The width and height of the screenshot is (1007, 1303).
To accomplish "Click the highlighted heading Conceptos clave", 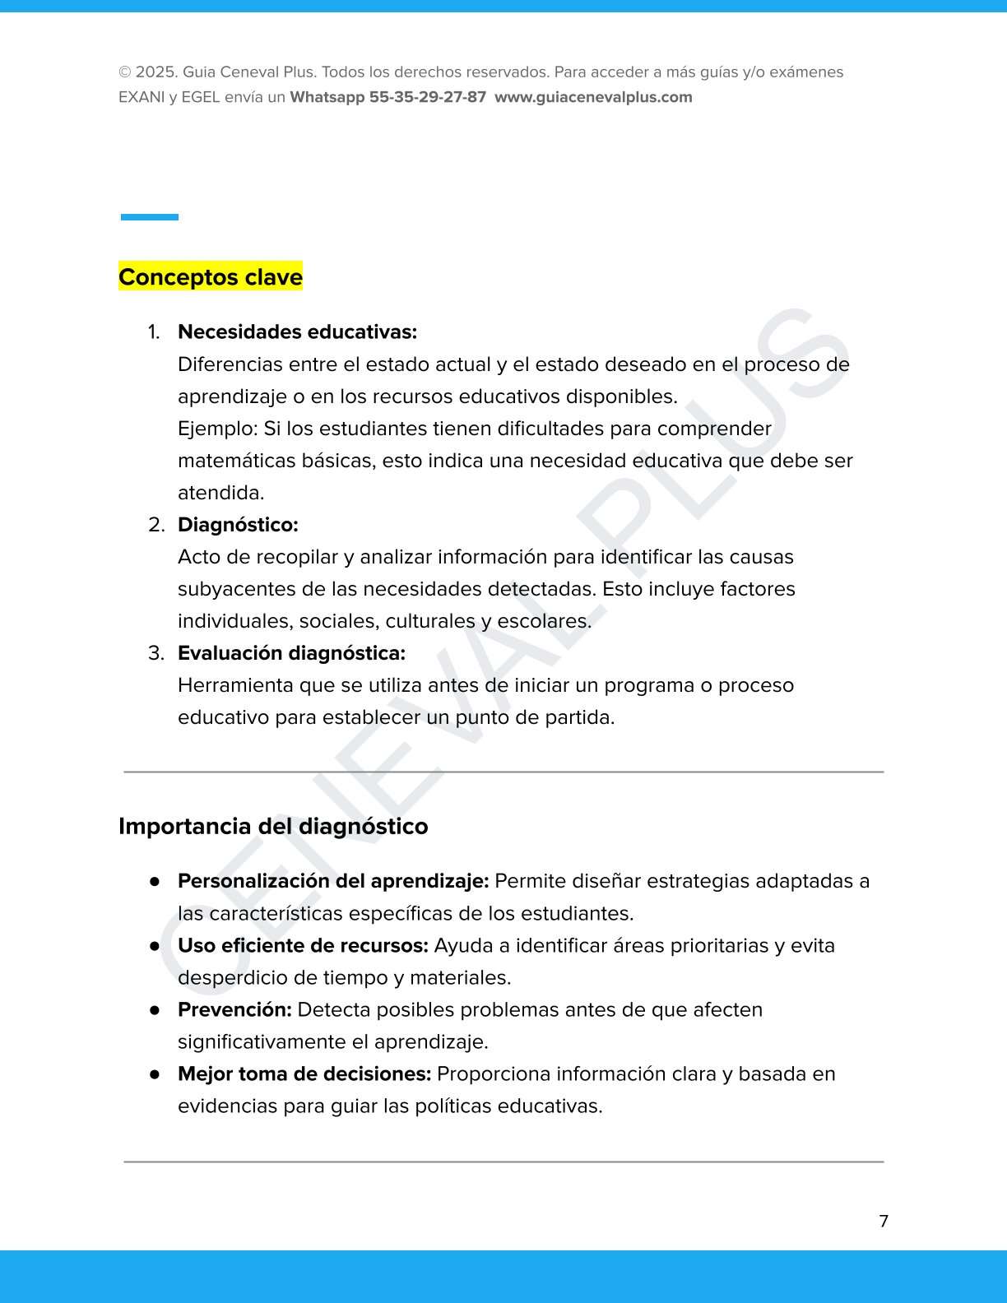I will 211,277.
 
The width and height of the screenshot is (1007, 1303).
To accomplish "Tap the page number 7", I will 884,1221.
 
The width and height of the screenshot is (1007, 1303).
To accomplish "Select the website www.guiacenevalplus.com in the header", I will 593,97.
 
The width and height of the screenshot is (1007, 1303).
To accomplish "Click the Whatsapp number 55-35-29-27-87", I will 427,97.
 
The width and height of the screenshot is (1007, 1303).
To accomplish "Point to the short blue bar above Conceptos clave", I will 150,217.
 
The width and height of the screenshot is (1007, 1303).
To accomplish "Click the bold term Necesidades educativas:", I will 297,332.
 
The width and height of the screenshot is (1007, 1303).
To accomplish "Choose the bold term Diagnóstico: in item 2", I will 238,525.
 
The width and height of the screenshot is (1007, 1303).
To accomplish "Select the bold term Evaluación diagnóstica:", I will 291,653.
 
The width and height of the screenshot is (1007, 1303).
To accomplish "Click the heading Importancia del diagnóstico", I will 273,826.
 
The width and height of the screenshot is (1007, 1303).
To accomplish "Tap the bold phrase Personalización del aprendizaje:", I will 333,881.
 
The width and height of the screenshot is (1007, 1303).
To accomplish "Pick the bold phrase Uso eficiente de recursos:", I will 303,945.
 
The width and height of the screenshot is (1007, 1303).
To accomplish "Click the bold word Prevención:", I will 234,1009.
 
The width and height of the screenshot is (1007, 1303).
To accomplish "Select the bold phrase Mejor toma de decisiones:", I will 304,1073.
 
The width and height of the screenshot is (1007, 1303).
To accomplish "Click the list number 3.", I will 155,653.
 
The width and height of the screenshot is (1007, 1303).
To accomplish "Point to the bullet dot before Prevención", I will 155,1009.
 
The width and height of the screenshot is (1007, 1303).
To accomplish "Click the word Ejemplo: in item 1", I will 217,429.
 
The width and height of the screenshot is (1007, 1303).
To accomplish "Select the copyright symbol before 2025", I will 125,72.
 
